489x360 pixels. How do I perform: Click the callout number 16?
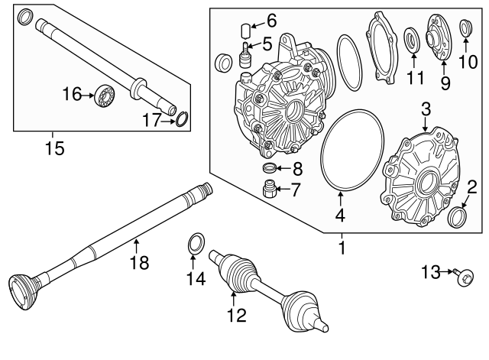[71, 94]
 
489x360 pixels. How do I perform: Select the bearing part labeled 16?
[102, 96]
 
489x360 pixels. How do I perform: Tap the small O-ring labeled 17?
[182, 118]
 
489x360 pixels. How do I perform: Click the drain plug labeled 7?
[269, 189]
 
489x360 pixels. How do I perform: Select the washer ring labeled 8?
[269, 168]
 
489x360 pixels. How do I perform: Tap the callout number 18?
[138, 263]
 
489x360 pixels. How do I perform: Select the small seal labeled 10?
[465, 30]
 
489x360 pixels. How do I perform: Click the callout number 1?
[342, 248]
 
